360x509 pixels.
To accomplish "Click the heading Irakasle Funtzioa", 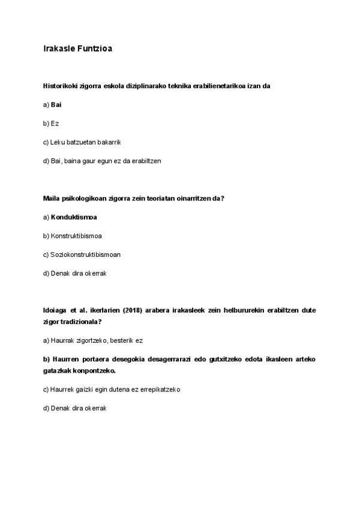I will click(x=77, y=49).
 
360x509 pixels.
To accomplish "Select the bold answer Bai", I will click(x=56, y=104).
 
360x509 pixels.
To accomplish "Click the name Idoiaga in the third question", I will click(x=56, y=311).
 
